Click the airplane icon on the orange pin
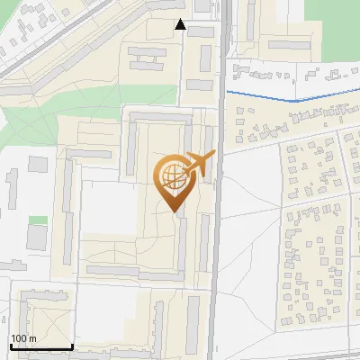tap(199, 164)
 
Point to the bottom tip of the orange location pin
tap(172, 211)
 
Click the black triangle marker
tap(181, 24)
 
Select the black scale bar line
tap(40, 347)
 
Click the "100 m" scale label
tap(23, 338)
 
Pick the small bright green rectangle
tap(37, 220)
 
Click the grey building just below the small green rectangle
tap(37, 238)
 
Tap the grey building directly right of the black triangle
tap(200, 31)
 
